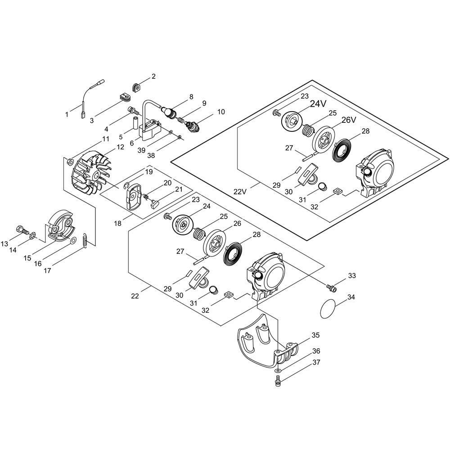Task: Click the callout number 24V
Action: pyautogui.click(x=318, y=104)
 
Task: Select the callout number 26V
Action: pyautogui.click(x=349, y=120)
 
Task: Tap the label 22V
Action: pyautogui.click(x=240, y=191)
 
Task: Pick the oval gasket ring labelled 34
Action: pyautogui.click(x=328, y=308)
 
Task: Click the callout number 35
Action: pyautogui.click(x=316, y=335)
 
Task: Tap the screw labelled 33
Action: pyautogui.click(x=331, y=288)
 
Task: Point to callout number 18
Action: pyautogui.click(x=117, y=223)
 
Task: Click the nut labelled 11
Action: pyautogui.click(x=69, y=162)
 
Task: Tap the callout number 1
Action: pyautogui.click(x=67, y=114)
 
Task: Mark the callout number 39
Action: pyautogui.click(x=141, y=150)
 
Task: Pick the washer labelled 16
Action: pyautogui.click(x=73, y=240)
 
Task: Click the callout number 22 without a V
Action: pyautogui.click(x=135, y=296)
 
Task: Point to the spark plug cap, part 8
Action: pyautogui.click(x=168, y=112)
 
